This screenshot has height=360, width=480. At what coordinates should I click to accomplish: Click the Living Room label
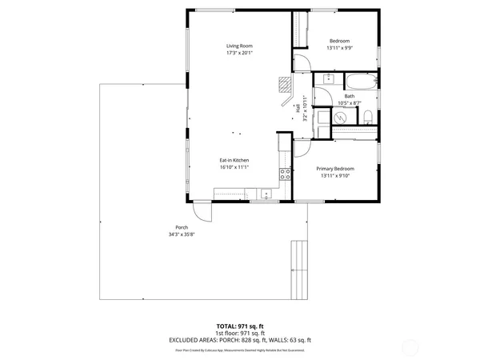point(239,46)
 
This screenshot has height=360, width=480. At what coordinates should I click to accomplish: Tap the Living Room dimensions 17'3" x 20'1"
point(239,54)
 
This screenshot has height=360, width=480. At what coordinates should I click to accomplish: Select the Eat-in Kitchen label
point(235,160)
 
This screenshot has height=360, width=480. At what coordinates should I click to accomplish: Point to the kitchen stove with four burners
point(284,174)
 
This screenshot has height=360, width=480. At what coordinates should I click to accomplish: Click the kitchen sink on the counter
point(266,193)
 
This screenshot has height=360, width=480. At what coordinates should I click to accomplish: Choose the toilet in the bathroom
point(367,118)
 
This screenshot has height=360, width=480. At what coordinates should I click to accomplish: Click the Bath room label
point(350,96)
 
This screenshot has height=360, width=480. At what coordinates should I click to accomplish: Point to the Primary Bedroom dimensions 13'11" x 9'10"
point(335,176)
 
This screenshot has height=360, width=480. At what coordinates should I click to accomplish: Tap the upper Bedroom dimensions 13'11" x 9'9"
point(339,48)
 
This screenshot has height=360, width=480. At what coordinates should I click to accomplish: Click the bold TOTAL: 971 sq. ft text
point(240,326)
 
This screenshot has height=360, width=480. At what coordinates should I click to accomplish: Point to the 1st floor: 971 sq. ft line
point(240,333)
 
